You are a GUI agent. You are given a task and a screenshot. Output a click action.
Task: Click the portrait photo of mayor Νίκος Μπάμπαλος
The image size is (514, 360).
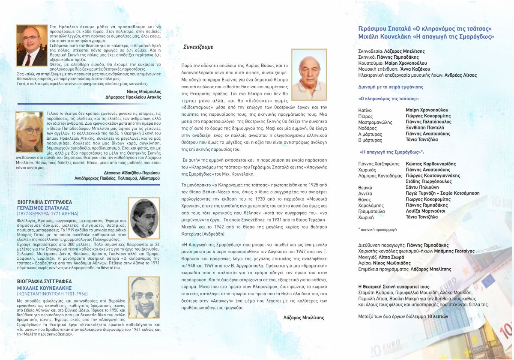coord(31,45)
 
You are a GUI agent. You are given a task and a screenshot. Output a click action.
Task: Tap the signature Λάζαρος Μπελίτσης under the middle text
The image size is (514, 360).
coord(304,318)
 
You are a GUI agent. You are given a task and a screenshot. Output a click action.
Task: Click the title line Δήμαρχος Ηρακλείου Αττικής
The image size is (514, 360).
coord(133,97)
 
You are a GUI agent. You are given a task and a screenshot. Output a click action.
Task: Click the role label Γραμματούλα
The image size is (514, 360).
coord(371,211)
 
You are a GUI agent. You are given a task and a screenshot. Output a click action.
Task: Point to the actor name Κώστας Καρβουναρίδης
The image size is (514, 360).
coord(430,164)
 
